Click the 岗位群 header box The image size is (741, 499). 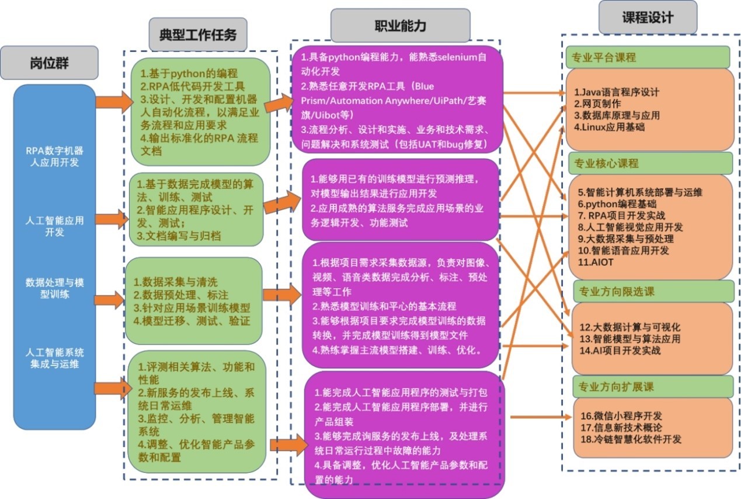coord(49,63)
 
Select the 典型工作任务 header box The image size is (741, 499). coord(198,34)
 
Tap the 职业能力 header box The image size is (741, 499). coord(400,26)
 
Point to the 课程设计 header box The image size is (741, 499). coord(647,18)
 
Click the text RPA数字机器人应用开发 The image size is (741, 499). coord(54,156)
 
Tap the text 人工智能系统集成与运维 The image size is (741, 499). coord(54,358)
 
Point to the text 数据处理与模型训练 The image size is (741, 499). coord(54,288)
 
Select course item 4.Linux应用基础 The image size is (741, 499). coord(610,127)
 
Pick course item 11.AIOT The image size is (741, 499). coord(596,262)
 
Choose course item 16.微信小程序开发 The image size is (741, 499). coord(621,416)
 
